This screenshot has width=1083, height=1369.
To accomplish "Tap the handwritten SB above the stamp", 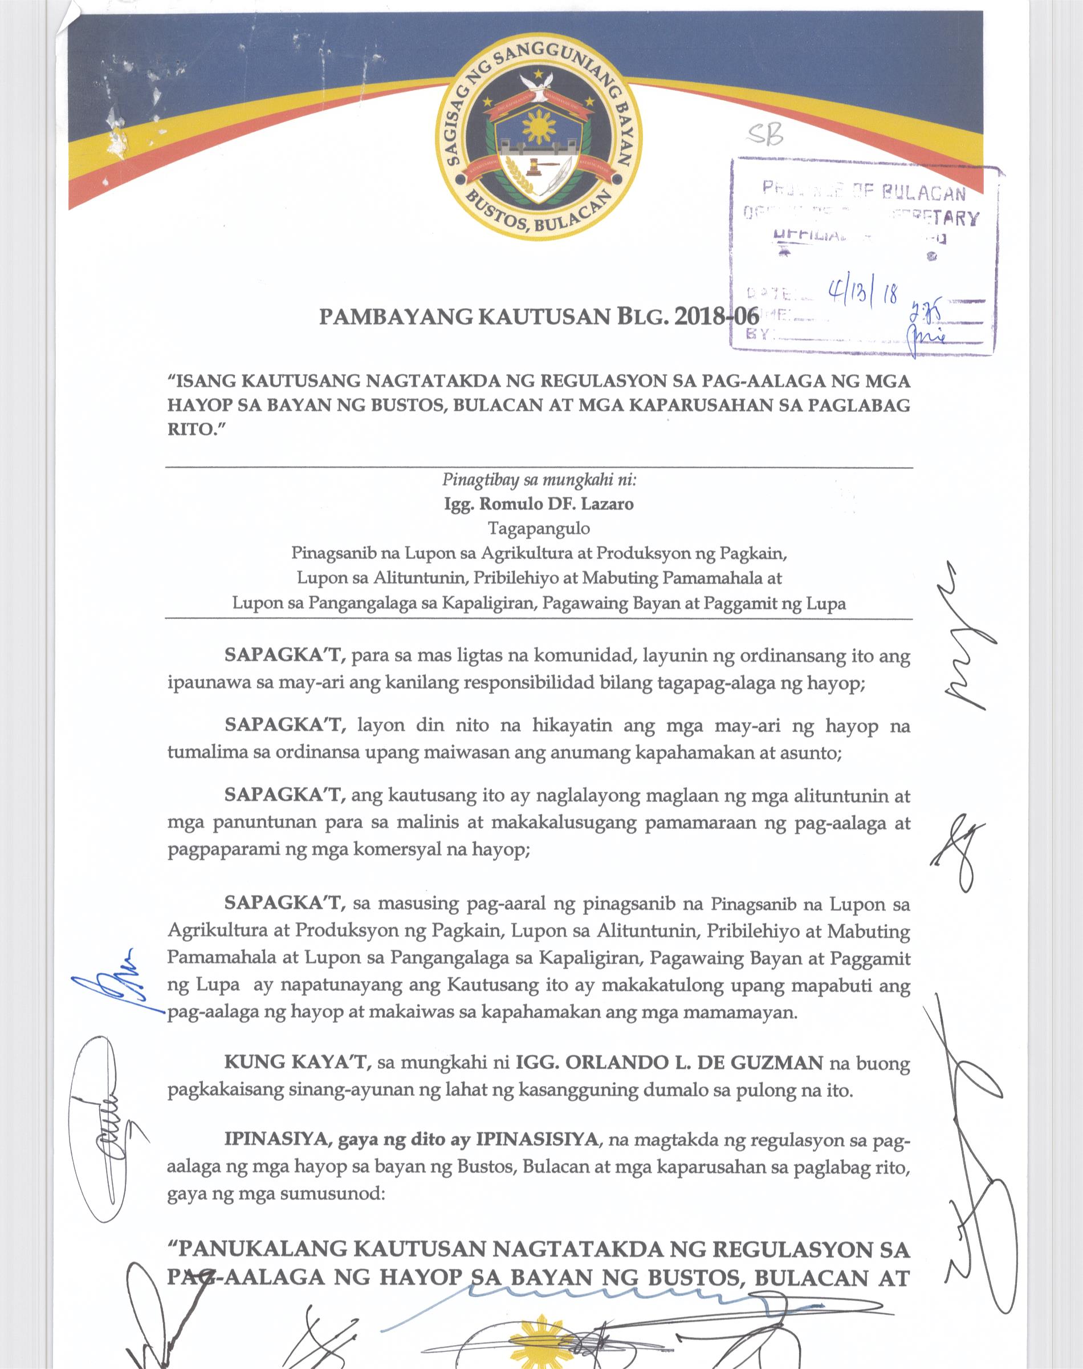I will tap(765, 134).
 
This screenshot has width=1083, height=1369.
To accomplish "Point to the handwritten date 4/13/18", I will tap(862, 293).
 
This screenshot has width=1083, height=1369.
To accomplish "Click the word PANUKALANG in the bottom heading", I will tap(260, 1250).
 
